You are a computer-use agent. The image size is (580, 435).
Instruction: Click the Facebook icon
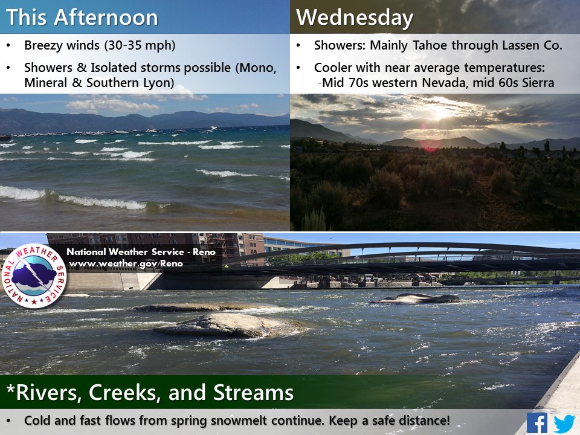coord(537,423)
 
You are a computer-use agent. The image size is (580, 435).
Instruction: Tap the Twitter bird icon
coord(564,424)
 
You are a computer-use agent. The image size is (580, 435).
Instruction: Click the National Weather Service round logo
coord(34,276)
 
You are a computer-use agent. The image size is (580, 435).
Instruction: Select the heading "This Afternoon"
coord(82,18)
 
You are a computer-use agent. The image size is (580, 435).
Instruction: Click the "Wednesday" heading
coord(355,18)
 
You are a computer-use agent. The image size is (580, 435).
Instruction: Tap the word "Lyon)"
coord(159,83)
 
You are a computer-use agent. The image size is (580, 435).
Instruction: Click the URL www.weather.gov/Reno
coord(126,264)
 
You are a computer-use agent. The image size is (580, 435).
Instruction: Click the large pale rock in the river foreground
coord(231,326)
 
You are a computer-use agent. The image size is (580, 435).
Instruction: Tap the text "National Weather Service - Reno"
coord(141,252)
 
